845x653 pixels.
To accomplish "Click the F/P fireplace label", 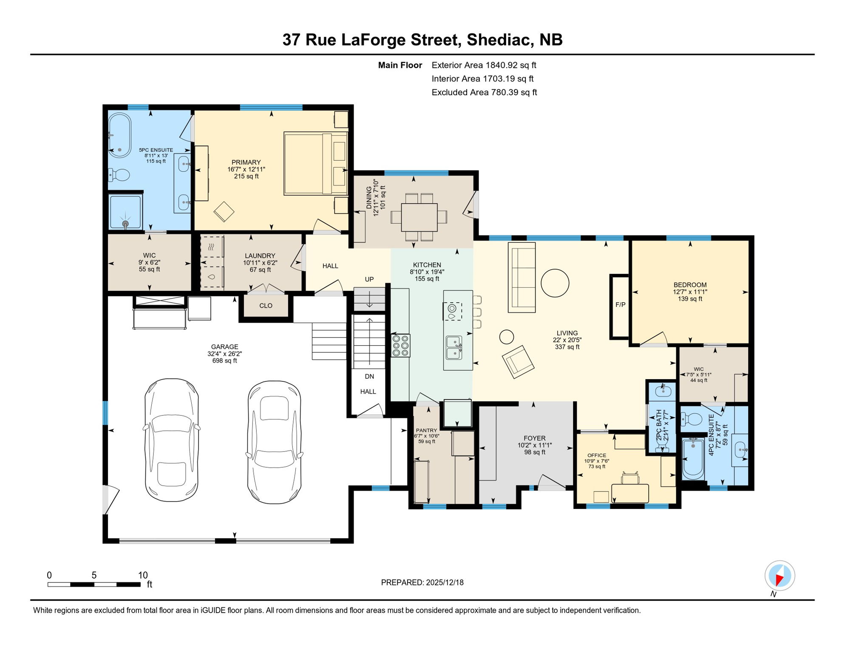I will tap(620, 305).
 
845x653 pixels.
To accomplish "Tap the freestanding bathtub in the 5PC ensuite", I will tap(119, 135).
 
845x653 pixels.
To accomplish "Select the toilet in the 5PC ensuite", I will tap(119, 175).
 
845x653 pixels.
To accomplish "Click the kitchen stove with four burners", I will tap(400, 346).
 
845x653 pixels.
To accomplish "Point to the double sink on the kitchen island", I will tap(454, 347).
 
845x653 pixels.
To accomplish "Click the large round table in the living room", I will tap(555, 283).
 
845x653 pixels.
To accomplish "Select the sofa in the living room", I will tap(522, 277).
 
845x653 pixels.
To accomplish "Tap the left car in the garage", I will tap(172, 440).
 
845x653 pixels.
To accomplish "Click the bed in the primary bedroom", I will tap(315, 164).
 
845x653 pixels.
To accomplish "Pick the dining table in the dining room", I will tap(419, 217).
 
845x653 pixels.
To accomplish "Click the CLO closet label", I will tap(266, 306).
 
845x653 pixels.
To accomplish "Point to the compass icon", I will tap(780, 576).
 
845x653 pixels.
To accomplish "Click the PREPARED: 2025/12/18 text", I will tap(422, 582).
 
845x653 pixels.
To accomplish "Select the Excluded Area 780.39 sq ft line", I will tap(484, 92).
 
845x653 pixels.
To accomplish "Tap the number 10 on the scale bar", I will tap(143, 575).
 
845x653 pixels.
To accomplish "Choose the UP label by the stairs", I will tap(369, 279).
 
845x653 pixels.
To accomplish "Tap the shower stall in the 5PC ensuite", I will tap(125, 211).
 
